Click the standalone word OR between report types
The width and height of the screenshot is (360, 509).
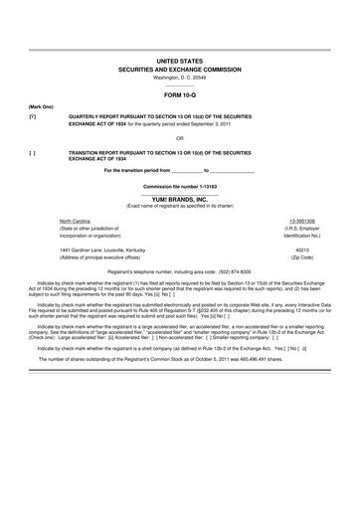click(x=180, y=137)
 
